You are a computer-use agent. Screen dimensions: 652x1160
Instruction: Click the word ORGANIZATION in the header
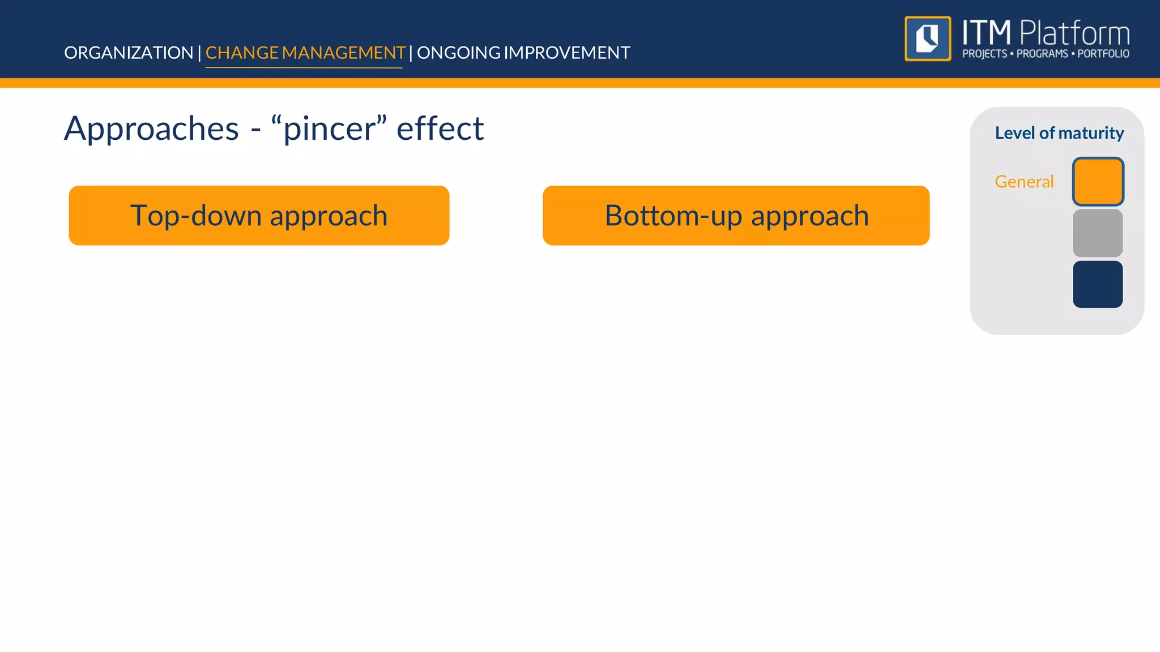tap(129, 53)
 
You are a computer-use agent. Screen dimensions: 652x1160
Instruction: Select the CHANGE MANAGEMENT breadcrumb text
tap(305, 53)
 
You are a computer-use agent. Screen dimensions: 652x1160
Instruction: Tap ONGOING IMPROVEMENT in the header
tap(523, 53)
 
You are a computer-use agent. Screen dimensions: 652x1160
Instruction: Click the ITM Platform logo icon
tap(928, 38)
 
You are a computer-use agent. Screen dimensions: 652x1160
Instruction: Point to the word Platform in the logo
tap(1074, 33)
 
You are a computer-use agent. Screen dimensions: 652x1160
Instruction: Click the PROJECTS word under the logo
tap(984, 54)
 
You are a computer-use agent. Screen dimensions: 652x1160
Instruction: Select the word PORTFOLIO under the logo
tap(1103, 54)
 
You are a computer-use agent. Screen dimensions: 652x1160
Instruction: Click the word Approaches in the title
tap(151, 128)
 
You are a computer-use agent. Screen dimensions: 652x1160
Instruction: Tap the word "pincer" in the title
tap(329, 128)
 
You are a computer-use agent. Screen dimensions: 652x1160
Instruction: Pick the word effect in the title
tap(440, 128)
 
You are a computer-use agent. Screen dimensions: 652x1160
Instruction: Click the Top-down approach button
tap(259, 216)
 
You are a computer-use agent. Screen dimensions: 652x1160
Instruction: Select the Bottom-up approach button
tap(736, 216)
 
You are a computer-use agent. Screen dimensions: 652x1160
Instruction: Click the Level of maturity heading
tap(1059, 133)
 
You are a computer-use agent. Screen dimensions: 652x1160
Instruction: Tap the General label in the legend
tap(1024, 182)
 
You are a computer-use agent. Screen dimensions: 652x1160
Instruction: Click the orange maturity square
tap(1098, 182)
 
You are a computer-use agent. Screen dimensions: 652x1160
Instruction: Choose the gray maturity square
tap(1098, 233)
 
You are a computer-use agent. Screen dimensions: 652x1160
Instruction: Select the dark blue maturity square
tap(1098, 284)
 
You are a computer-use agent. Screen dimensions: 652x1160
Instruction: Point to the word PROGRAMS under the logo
tap(1042, 54)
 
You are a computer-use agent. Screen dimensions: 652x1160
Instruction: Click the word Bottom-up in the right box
tap(673, 216)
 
